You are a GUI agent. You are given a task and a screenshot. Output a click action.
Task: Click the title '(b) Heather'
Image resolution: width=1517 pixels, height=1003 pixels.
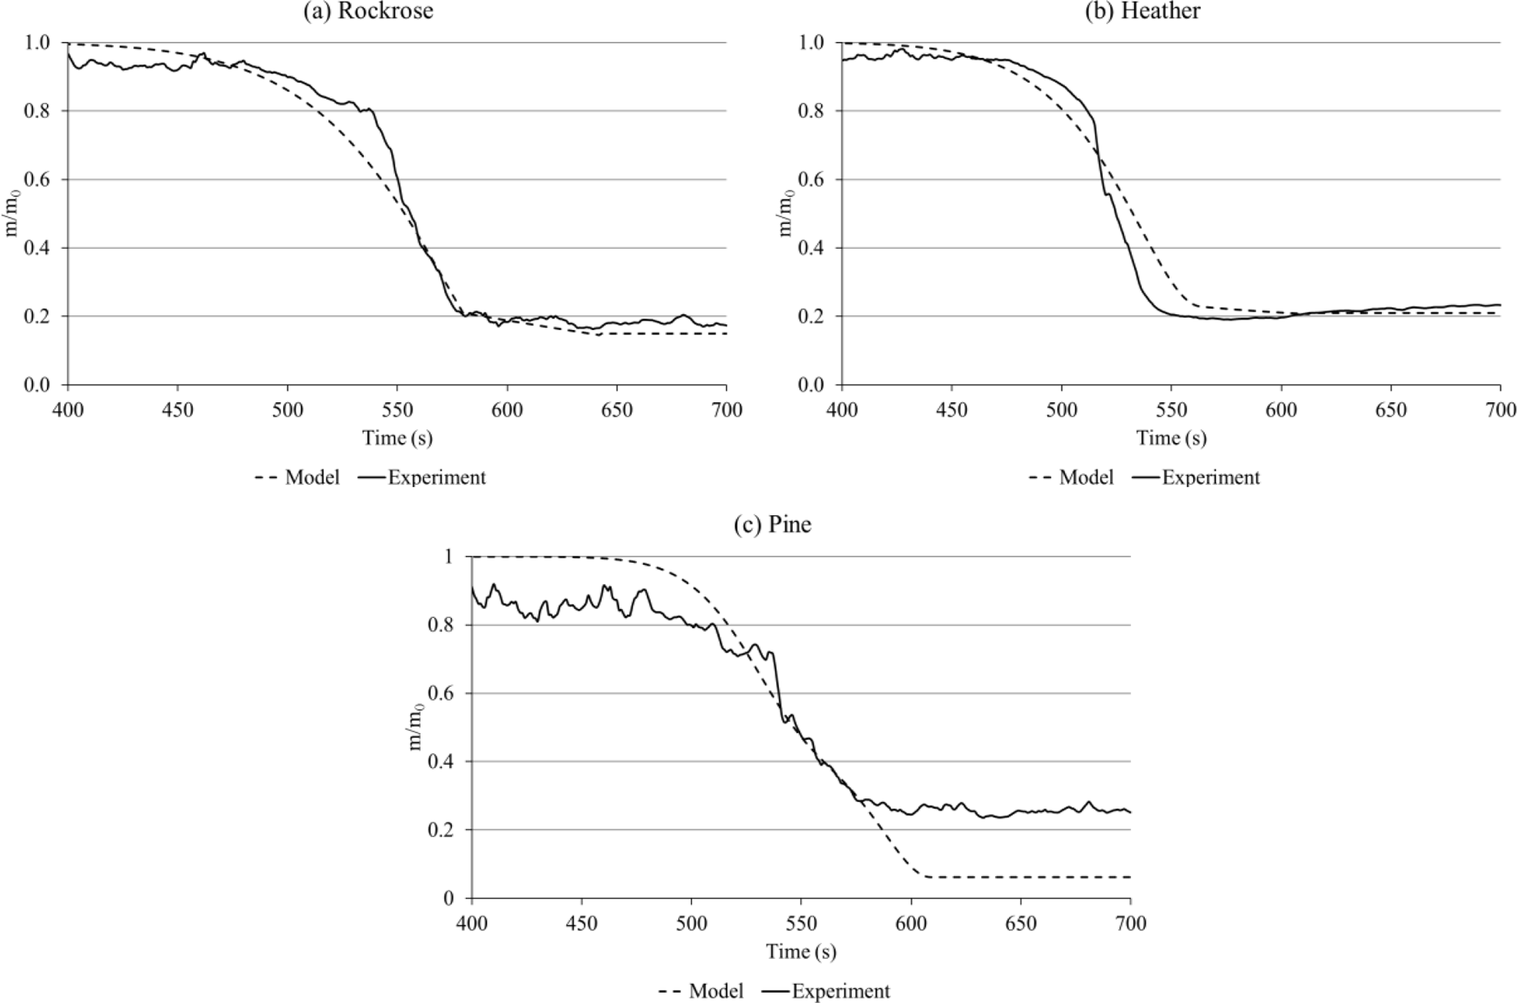click(1142, 11)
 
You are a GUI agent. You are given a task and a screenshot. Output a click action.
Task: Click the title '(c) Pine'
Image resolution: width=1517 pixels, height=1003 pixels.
click(772, 525)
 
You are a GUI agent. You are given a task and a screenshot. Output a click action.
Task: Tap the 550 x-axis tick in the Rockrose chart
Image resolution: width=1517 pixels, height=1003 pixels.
click(396, 409)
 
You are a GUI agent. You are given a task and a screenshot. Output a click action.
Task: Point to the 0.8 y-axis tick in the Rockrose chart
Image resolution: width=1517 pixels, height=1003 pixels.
click(37, 112)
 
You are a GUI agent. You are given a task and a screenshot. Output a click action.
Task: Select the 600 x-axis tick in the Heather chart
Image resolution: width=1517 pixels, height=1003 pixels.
click(1281, 409)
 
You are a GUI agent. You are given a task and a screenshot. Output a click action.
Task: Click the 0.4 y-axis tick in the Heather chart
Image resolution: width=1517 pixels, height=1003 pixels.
click(811, 249)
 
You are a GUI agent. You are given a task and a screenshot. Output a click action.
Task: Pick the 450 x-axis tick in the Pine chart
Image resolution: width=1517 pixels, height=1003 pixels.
click(581, 923)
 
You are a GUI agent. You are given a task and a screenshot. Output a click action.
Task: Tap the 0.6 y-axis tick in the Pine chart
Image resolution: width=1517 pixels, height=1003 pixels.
click(441, 694)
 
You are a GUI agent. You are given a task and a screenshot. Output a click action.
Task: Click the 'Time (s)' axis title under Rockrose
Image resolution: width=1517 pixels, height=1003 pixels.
click(397, 439)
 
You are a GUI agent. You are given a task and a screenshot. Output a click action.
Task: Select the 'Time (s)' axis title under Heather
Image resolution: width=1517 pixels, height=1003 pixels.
click(1171, 439)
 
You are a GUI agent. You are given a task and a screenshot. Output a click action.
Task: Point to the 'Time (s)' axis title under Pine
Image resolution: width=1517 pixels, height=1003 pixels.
click(801, 952)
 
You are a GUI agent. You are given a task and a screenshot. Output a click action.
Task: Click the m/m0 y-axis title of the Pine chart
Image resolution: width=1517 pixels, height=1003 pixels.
click(416, 727)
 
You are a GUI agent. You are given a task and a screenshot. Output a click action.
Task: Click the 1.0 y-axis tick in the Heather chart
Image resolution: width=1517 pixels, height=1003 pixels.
click(811, 43)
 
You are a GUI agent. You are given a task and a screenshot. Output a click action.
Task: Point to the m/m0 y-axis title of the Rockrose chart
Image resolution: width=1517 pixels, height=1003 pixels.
click(12, 214)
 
